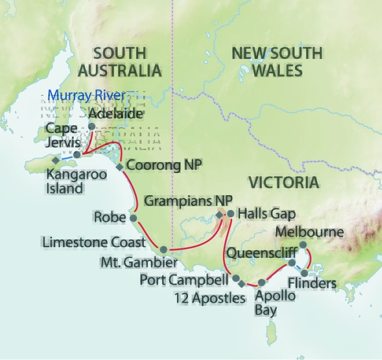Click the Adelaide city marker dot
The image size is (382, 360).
(91, 126)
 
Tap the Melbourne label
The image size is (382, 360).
(309, 232)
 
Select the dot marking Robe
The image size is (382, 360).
(133, 218)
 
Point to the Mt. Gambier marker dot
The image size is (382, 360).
(163, 250)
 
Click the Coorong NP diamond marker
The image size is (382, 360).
(119, 167)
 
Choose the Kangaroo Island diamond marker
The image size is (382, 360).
(55, 160)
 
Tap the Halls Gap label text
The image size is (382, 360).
(266, 214)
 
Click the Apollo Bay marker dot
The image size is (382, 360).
(262, 282)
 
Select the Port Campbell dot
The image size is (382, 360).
(236, 278)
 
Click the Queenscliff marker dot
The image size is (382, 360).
(292, 262)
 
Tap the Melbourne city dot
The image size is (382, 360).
(303, 245)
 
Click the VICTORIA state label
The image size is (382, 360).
(284, 183)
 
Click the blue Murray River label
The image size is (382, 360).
(86, 95)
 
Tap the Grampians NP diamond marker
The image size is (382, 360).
(219, 214)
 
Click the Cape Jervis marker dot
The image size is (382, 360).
(77, 155)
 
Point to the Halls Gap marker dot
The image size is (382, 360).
(230, 214)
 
